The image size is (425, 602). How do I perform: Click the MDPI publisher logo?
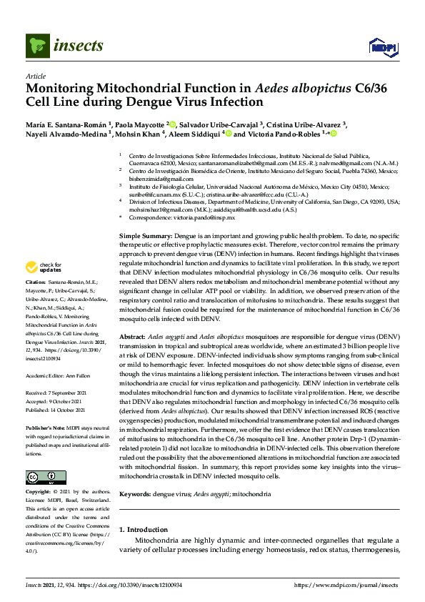point(381,47)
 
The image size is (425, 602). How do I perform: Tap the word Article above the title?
point(35,76)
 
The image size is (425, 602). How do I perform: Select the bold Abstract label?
point(132,337)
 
